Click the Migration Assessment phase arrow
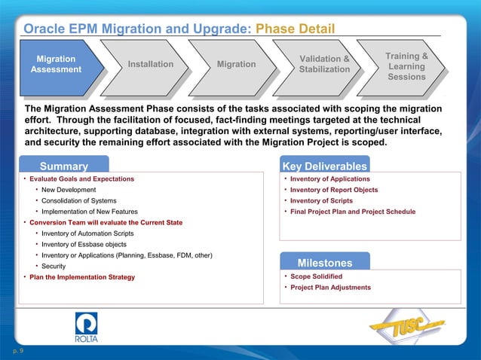[56, 64]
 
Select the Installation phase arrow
[150, 64]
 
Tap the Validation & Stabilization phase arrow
[324, 64]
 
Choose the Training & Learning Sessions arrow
[406, 66]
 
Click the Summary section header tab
[64, 166]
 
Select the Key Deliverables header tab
[324, 166]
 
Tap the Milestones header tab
[324, 263]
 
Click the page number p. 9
[17, 351]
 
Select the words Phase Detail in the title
[295, 29]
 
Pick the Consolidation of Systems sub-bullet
[78, 201]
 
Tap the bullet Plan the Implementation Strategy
[81, 277]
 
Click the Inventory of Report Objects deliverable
[334, 190]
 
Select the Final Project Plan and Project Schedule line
[352, 212]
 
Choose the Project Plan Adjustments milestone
[330, 288]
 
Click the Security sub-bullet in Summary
[53, 267]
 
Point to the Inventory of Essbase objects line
[85, 244]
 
